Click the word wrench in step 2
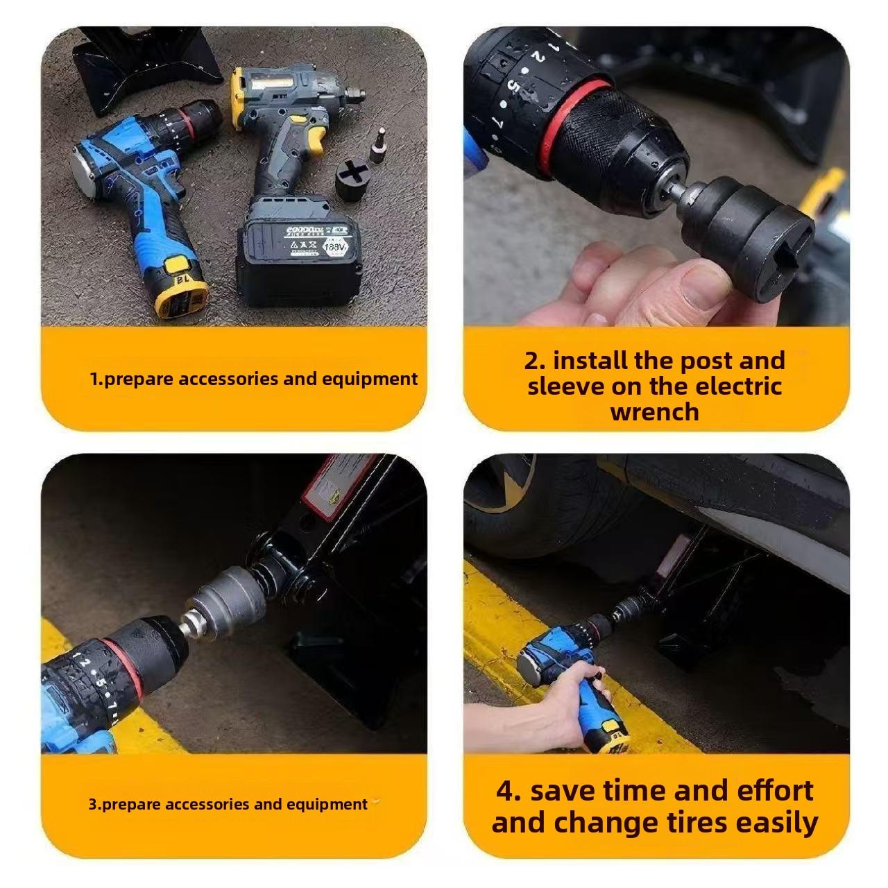click(654, 412)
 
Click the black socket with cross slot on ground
click(354, 179)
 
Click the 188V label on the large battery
click(335, 247)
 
